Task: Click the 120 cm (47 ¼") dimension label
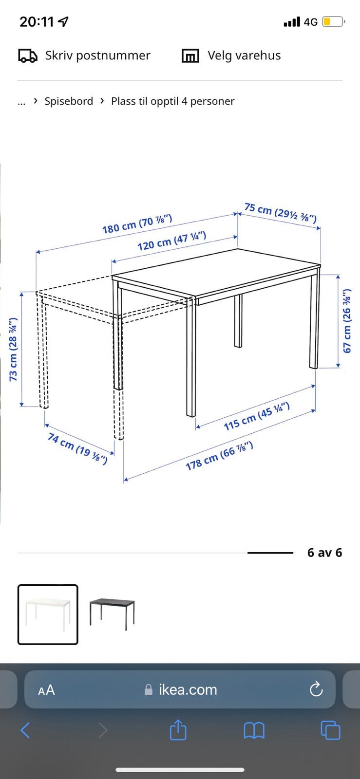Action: [172, 241]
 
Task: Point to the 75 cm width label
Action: [280, 212]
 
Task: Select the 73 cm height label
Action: [13, 349]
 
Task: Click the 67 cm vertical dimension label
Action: [347, 321]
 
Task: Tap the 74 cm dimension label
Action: [77, 448]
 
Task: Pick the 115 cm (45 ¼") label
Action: [256, 416]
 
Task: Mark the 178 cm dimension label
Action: [219, 456]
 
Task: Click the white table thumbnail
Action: [48, 614]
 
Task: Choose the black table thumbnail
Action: [112, 614]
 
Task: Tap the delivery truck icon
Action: [28, 56]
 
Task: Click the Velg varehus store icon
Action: [190, 56]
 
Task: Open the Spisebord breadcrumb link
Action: [69, 101]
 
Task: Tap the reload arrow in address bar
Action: [316, 689]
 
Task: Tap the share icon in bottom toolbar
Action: [178, 729]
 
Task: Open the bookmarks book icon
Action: [254, 730]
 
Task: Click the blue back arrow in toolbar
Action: [25, 730]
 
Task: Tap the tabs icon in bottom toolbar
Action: [330, 730]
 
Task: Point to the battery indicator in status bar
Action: [333, 22]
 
